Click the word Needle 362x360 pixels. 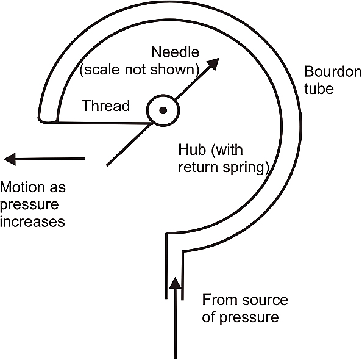(176, 52)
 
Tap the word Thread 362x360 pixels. (106, 106)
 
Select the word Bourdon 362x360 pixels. (333, 71)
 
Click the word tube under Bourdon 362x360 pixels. (319, 88)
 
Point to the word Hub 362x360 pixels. (192, 149)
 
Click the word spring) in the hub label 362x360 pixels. (246, 168)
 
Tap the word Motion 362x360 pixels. (23, 187)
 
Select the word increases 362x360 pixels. (32, 221)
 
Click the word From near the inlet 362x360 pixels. (220, 300)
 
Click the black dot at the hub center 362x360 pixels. (163, 110)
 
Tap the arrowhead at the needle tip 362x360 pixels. (213, 64)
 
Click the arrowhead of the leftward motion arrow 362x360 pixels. (10, 159)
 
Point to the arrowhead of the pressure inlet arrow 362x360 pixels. (176, 283)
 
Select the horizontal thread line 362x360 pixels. (103, 123)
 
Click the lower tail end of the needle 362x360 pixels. (107, 165)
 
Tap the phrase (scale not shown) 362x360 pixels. (139, 70)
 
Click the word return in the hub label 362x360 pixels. (198, 167)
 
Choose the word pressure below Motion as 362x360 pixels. (29, 205)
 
